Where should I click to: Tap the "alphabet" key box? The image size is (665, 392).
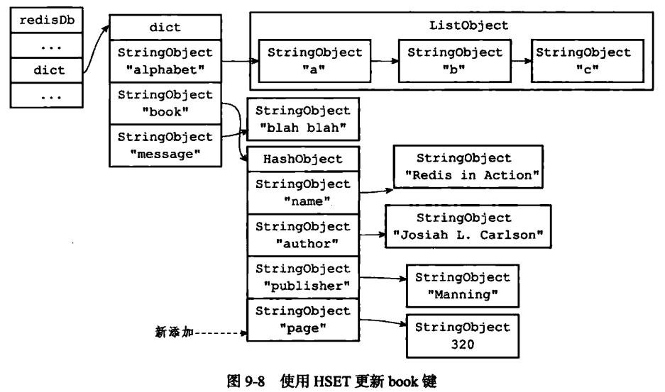(165, 60)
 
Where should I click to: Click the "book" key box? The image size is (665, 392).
(165, 103)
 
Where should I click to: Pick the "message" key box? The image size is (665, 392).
(165, 144)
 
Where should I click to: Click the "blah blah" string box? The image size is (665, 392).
(303, 119)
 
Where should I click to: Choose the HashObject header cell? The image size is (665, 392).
(303, 159)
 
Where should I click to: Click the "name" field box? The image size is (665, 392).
(303, 192)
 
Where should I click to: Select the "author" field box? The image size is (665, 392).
(303, 235)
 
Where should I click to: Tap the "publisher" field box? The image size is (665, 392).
(303, 277)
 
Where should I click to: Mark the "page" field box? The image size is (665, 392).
(303, 319)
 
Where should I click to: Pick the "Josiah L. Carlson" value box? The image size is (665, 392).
(468, 226)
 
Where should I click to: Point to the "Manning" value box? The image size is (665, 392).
(462, 284)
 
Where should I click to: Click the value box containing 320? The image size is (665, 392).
(462, 335)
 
